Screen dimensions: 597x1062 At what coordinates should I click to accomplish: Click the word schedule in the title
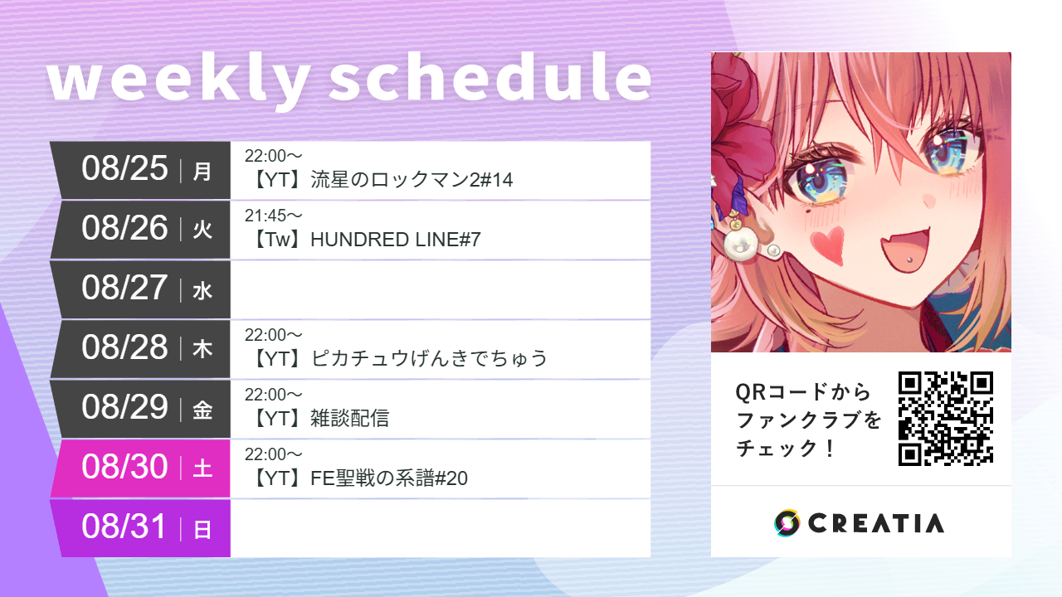(x=490, y=80)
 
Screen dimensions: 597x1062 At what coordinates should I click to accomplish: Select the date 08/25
(x=124, y=169)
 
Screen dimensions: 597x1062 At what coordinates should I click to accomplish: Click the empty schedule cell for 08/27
(x=440, y=289)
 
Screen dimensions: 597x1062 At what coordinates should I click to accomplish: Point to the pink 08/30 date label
(x=124, y=468)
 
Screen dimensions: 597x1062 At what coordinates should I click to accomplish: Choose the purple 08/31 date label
(x=124, y=527)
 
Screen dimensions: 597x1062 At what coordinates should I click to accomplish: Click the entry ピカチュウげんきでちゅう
(x=429, y=359)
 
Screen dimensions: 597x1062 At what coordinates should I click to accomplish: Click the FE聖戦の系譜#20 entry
(x=389, y=478)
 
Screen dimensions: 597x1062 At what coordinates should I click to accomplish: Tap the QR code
(x=946, y=419)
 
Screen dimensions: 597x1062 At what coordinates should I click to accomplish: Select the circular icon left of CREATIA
(x=787, y=522)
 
